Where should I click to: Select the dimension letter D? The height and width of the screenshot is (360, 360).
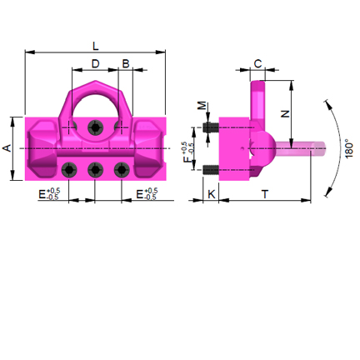click(x=95, y=63)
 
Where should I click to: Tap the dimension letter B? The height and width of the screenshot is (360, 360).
click(x=126, y=63)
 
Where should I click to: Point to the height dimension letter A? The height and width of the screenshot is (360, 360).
click(x=7, y=147)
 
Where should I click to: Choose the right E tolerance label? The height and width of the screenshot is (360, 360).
click(x=146, y=194)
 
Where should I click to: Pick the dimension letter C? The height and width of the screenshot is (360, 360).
click(x=257, y=63)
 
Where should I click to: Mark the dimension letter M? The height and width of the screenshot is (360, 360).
click(x=201, y=107)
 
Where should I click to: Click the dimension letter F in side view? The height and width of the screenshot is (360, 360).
click(x=187, y=152)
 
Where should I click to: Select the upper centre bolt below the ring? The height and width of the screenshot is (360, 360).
click(x=96, y=127)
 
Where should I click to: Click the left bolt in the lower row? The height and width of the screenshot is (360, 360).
click(x=69, y=170)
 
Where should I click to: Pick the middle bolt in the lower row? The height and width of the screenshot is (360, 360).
click(x=96, y=170)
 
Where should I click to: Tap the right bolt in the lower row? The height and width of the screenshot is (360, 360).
click(x=122, y=170)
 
